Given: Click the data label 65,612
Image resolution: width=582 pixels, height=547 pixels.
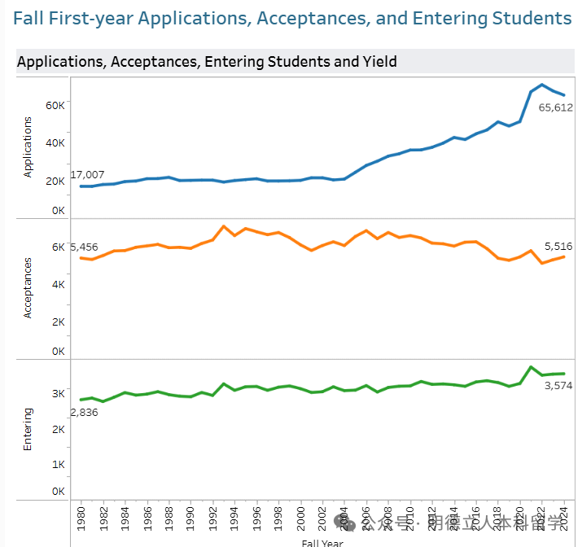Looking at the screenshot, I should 555,107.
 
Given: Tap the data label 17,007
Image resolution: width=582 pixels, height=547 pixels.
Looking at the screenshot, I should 87,174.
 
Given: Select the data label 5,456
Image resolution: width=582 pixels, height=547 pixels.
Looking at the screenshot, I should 84,247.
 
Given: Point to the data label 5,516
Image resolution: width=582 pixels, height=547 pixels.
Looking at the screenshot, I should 559,245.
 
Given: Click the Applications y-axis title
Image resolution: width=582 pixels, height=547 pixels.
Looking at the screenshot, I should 28,147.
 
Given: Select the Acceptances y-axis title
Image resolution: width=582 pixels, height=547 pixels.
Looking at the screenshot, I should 28,287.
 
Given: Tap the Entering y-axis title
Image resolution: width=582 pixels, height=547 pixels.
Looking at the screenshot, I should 28,429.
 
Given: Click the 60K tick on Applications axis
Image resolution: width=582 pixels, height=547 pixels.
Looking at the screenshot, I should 55,105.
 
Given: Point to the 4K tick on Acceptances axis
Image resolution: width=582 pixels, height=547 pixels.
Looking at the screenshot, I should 58,285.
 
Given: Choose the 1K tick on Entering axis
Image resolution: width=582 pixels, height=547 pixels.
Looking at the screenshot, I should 58,464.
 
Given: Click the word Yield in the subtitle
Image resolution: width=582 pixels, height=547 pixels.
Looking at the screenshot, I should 379,61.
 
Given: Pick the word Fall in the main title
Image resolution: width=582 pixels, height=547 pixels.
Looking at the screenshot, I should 29,18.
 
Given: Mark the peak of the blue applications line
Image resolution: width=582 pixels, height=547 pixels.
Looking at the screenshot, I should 542,84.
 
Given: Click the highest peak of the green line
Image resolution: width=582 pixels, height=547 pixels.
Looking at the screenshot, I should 531,367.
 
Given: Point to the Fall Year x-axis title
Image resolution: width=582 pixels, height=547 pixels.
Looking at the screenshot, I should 322,542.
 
